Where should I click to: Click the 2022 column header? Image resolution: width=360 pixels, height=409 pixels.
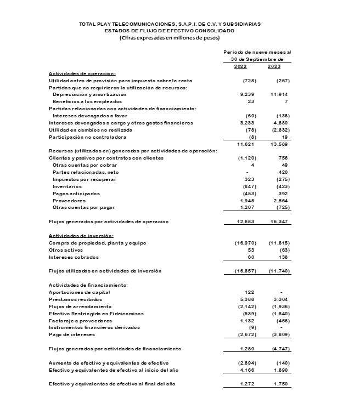click(240, 66)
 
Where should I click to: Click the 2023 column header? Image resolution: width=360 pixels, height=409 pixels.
click(274, 66)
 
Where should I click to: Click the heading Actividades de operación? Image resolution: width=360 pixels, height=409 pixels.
click(82, 73)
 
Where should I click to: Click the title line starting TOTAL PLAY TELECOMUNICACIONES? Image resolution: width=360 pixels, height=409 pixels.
click(170, 24)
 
